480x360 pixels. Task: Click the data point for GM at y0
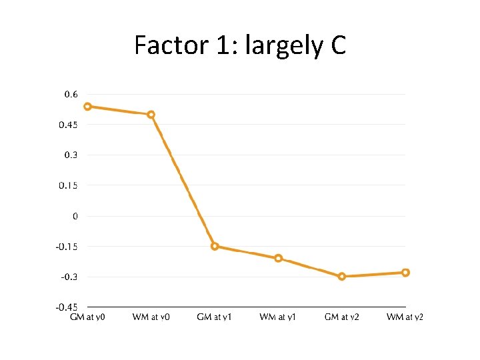(x=87, y=107)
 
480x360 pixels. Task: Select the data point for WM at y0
(x=151, y=115)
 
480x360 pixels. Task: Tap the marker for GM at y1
(x=215, y=246)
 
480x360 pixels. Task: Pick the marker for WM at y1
(x=279, y=258)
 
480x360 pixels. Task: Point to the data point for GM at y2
(x=342, y=276)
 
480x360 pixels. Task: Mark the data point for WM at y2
(x=405, y=273)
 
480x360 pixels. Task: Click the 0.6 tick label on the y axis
(x=71, y=95)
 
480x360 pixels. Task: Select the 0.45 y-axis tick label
(x=68, y=125)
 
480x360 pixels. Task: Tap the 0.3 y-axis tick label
(x=71, y=155)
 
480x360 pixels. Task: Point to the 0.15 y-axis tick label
(x=68, y=185)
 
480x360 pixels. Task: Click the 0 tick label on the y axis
(x=75, y=216)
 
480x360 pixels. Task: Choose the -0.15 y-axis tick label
(x=67, y=247)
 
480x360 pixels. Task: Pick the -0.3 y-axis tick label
(x=69, y=277)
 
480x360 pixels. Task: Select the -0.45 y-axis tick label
(x=67, y=307)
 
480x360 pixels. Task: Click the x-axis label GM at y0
(x=87, y=317)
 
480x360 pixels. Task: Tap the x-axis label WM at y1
(x=278, y=317)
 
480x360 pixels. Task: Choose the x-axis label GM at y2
(x=342, y=317)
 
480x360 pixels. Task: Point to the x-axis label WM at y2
(x=405, y=317)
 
